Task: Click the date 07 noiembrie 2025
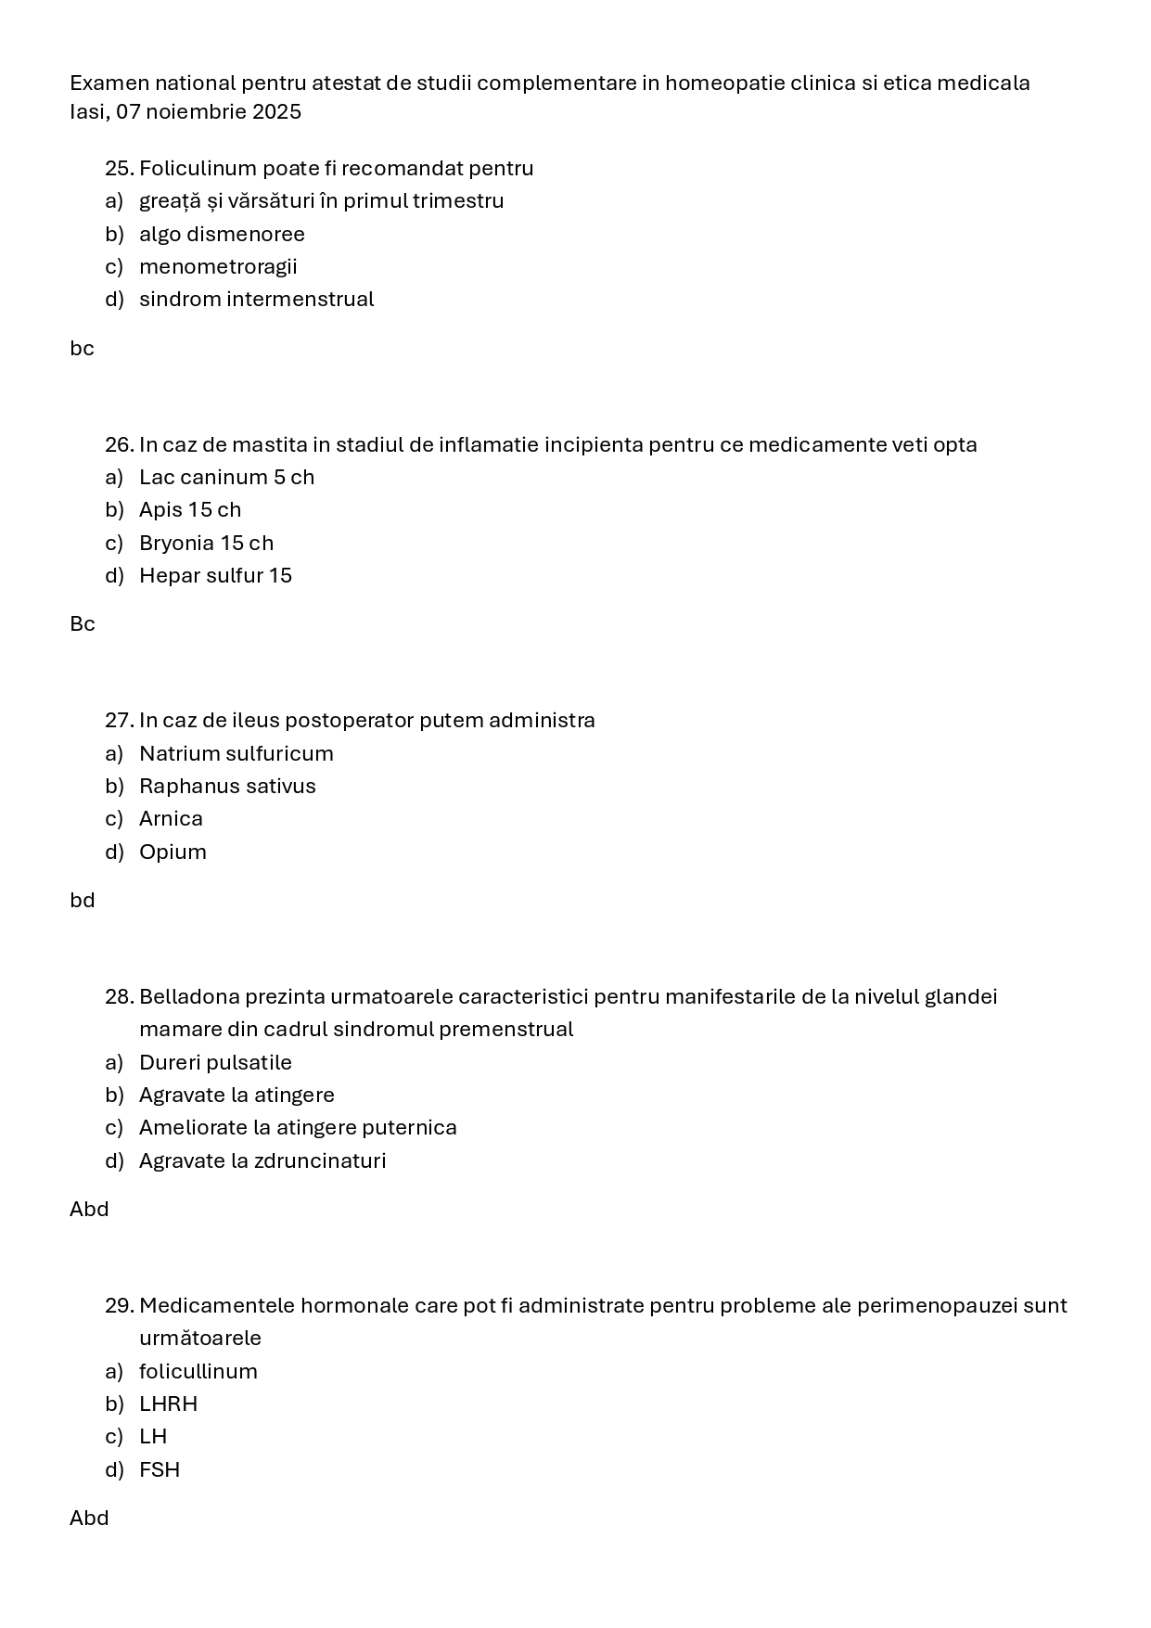(x=209, y=112)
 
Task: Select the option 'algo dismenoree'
(x=222, y=235)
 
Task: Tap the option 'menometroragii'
(x=218, y=267)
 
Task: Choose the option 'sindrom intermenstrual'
(x=256, y=300)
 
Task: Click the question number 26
(x=119, y=445)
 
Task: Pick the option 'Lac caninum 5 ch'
(x=226, y=478)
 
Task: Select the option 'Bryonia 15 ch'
(x=206, y=544)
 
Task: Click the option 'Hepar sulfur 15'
(x=215, y=576)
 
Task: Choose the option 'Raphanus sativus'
(x=227, y=787)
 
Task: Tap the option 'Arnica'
(x=171, y=819)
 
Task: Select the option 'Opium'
(x=173, y=852)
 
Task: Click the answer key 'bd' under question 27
(x=83, y=901)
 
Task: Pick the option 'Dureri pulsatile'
(x=215, y=1063)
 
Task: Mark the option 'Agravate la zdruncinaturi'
(x=262, y=1161)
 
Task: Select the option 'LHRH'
(x=168, y=1404)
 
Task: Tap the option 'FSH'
(x=160, y=1470)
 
